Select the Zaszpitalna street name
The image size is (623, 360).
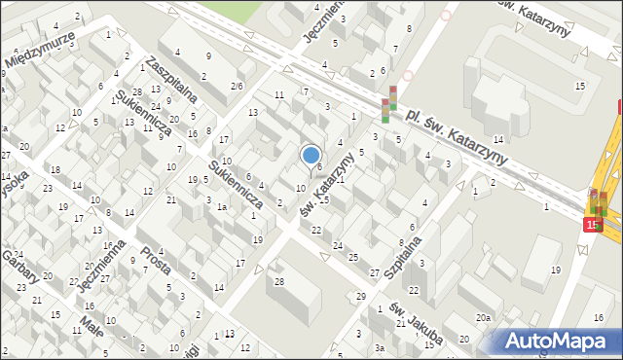pyautogui.click(x=171, y=78)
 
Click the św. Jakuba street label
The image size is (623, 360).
pyautogui.click(x=418, y=323)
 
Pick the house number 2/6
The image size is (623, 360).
pyautogui.click(x=237, y=87)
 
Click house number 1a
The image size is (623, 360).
pyautogui.click(x=222, y=207)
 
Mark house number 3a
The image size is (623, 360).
pyautogui.click(x=381, y=347)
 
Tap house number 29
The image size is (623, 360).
pyautogui.click(x=360, y=296)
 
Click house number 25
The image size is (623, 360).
pyautogui.click(x=352, y=257)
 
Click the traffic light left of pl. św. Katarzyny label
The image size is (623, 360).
pyautogui.click(x=389, y=105)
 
